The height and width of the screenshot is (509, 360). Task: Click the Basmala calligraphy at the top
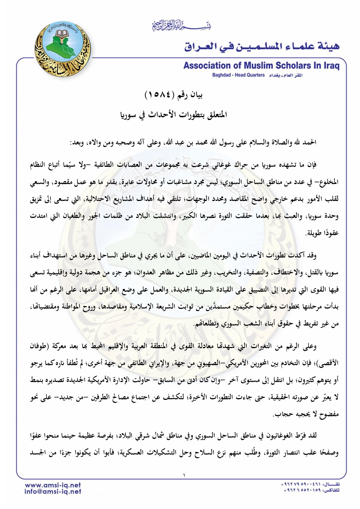tap(181, 26)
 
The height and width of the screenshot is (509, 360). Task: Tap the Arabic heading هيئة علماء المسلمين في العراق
tap(262, 46)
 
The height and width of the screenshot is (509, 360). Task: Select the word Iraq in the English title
tap(332, 66)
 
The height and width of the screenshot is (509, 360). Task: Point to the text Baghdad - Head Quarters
tap(238, 75)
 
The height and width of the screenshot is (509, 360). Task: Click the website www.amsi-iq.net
tap(53, 485)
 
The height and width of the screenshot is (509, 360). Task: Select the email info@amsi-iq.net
tap(53, 492)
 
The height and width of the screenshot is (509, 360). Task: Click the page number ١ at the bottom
tap(184, 475)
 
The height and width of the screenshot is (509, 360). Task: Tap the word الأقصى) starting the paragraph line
tap(328, 363)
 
